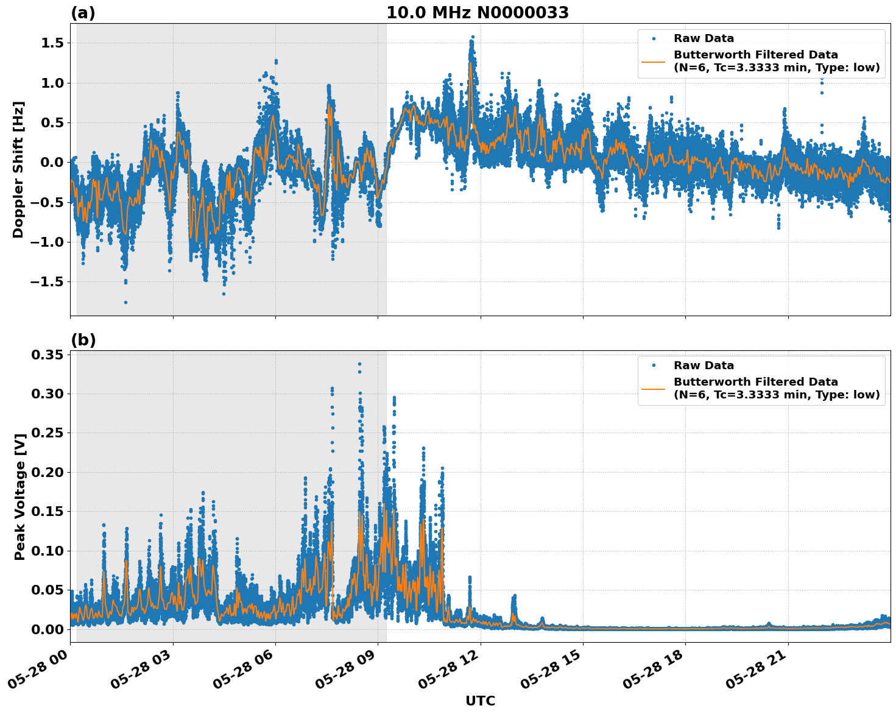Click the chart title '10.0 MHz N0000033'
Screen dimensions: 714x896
click(x=478, y=13)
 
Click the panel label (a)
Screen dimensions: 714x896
click(x=83, y=13)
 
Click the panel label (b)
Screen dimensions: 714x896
click(x=83, y=340)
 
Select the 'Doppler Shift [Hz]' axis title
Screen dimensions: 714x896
click(x=18, y=169)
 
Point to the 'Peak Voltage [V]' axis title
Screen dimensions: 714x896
click(x=20, y=497)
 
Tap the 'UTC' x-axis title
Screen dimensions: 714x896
click(x=480, y=701)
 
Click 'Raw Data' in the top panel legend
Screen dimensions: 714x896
click(x=704, y=38)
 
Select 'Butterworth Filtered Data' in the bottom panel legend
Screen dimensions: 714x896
click(x=755, y=382)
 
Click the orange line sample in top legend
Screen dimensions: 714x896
click(x=653, y=62)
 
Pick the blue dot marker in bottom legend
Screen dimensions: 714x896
click(x=654, y=366)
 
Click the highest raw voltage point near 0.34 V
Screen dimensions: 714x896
click(x=359, y=364)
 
